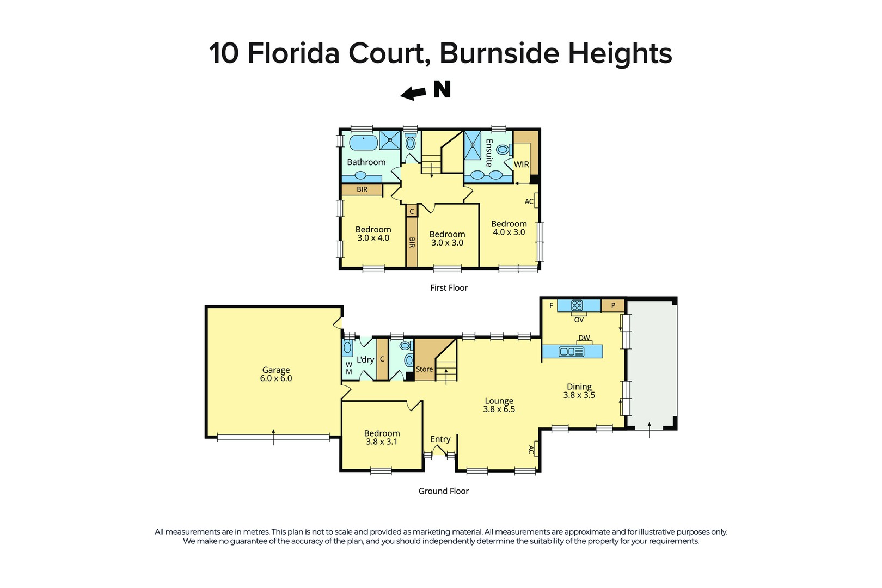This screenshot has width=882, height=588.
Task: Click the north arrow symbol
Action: (414, 94)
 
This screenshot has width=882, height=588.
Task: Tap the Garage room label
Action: (276, 370)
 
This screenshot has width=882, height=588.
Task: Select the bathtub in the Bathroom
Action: (363, 143)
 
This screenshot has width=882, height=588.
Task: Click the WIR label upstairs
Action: (521, 164)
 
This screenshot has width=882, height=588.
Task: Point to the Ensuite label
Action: (488, 153)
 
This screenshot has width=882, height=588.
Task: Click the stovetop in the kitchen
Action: (577, 305)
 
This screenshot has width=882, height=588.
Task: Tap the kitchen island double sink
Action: (572, 352)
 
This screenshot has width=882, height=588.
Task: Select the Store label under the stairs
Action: (424, 369)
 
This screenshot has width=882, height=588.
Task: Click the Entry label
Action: (440, 439)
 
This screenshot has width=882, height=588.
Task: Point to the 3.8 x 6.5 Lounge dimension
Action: (499, 409)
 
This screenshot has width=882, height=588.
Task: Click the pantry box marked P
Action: (613, 305)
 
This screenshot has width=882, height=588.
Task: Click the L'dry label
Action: (365, 359)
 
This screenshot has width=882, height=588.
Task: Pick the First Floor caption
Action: (449, 288)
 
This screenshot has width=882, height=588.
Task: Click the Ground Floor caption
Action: (443, 491)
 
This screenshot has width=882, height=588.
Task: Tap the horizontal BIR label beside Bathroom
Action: (362, 189)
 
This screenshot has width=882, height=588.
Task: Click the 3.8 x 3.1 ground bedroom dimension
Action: (382, 442)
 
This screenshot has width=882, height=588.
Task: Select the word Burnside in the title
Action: (499, 53)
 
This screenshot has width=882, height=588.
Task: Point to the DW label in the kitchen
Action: (584, 338)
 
